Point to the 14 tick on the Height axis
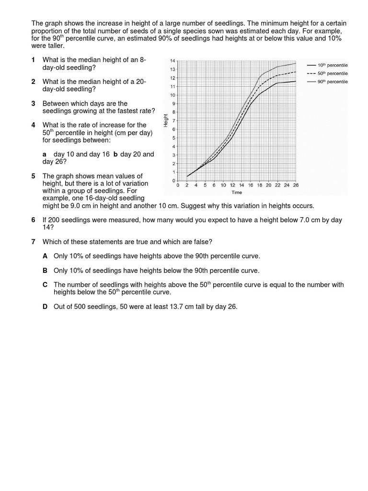(172, 60)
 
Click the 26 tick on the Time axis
(295, 185)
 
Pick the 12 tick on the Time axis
(232, 185)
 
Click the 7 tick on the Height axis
(173, 120)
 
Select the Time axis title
(237, 192)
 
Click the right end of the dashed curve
(295, 72)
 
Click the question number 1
(33, 60)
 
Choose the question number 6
(33, 220)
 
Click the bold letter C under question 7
(45, 285)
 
